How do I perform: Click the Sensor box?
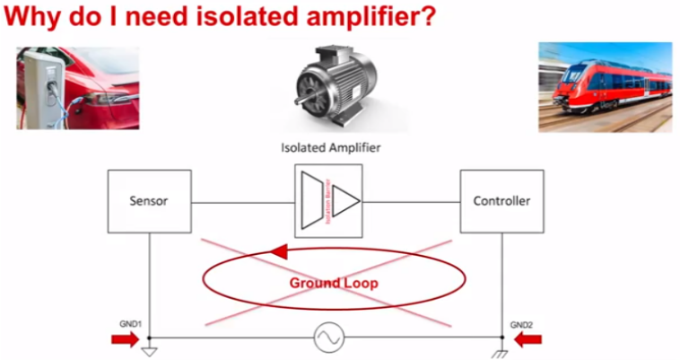pyautogui.click(x=150, y=201)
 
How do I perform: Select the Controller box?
pyautogui.click(x=501, y=201)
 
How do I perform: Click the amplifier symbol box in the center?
pyautogui.click(x=328, y=199)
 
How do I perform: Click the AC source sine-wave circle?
pyautogui.click(x=328, y=338)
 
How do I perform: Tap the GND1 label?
pyautogui.click(x=131, y=323)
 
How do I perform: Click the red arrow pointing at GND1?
pyautogui.click(x=125, y=338)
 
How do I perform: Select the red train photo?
pyautogui.click(x=605, y=87)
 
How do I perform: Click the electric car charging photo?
pyautogui.click(x=77, y=88)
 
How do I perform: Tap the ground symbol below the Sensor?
pyautogui.click(x=150, y=348)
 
